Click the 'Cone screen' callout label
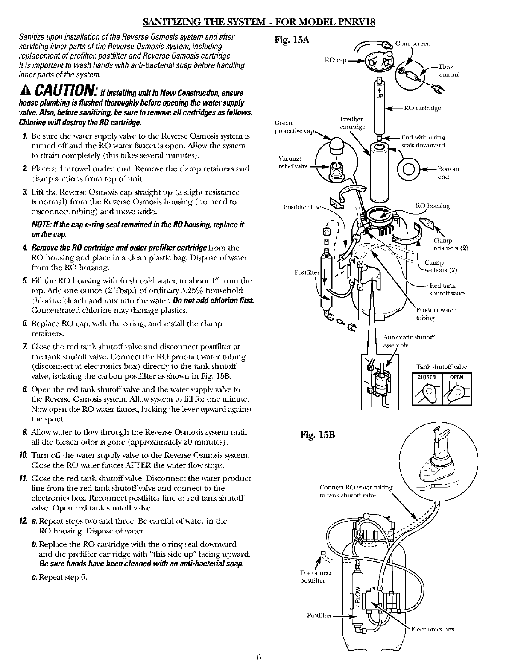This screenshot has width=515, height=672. coord(413,44)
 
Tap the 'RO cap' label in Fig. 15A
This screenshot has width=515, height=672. coord(334,60)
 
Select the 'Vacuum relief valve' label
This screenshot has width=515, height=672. coord(290,162)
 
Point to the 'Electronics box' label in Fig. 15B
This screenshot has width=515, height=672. coord(433,629)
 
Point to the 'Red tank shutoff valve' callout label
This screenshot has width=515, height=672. coord(446,289)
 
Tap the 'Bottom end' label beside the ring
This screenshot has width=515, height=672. coord(448,173)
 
